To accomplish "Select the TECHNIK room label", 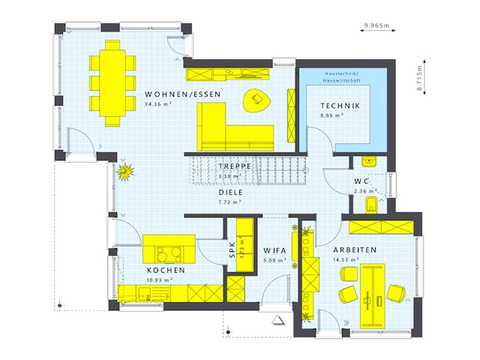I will click(340, 106).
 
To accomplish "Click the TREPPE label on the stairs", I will click(234, 166).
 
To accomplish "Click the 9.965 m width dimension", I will click(377, 25).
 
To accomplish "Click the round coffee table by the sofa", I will click(257, 99).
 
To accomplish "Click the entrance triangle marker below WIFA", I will click(280, 320).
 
